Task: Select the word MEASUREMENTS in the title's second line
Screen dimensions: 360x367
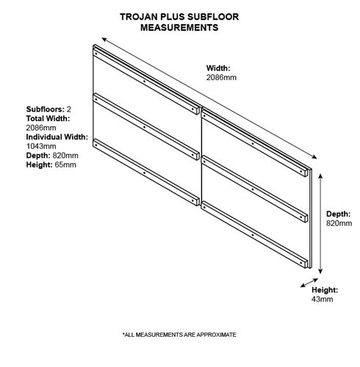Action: pyautogui.click(x=179, y=27)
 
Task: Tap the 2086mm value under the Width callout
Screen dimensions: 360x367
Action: pyautogui.click(x=221, y=78)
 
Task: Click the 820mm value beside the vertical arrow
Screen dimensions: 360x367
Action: pyautogui.click(x=339, y=223)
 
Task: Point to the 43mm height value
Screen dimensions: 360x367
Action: pyautogui.click(x=322, y=299)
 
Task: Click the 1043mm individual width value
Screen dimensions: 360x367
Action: pyautogui.click(x=41, y=146)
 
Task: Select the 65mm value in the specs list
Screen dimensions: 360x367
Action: pyautogui.click(x=65, y=164)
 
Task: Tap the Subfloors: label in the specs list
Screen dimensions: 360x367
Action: pyautogui.click(x=46, y=109)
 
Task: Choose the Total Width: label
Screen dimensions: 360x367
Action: pyautogui.click(x=48, y=118)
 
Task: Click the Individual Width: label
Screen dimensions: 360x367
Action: pyautogui.click(x=57, y=137)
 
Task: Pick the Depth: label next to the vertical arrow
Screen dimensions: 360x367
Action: pyautogui.click(x=338, y=214)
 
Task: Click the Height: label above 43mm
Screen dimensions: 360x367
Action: pyautogui.click(x=325, y=290)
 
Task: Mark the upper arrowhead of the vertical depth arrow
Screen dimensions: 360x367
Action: pyautogui.click(x=320, y=175)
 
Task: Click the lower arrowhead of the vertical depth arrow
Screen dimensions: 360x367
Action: pyautogui.click(x=320, y=272)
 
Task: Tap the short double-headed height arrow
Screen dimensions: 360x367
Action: pyautogui.click(x=309, y=283)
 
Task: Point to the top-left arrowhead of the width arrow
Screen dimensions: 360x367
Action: pyautogui.click(x=104, y=40)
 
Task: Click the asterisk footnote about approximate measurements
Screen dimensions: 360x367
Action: pyautogui.click(x=179, y=335)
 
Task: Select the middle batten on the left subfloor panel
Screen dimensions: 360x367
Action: pyautogui.click(x=146, y=126)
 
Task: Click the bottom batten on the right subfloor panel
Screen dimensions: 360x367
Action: pyautogui.click(x=254, y=235)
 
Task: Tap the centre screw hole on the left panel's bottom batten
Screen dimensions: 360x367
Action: pyautogui.click(x=144, y=172)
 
